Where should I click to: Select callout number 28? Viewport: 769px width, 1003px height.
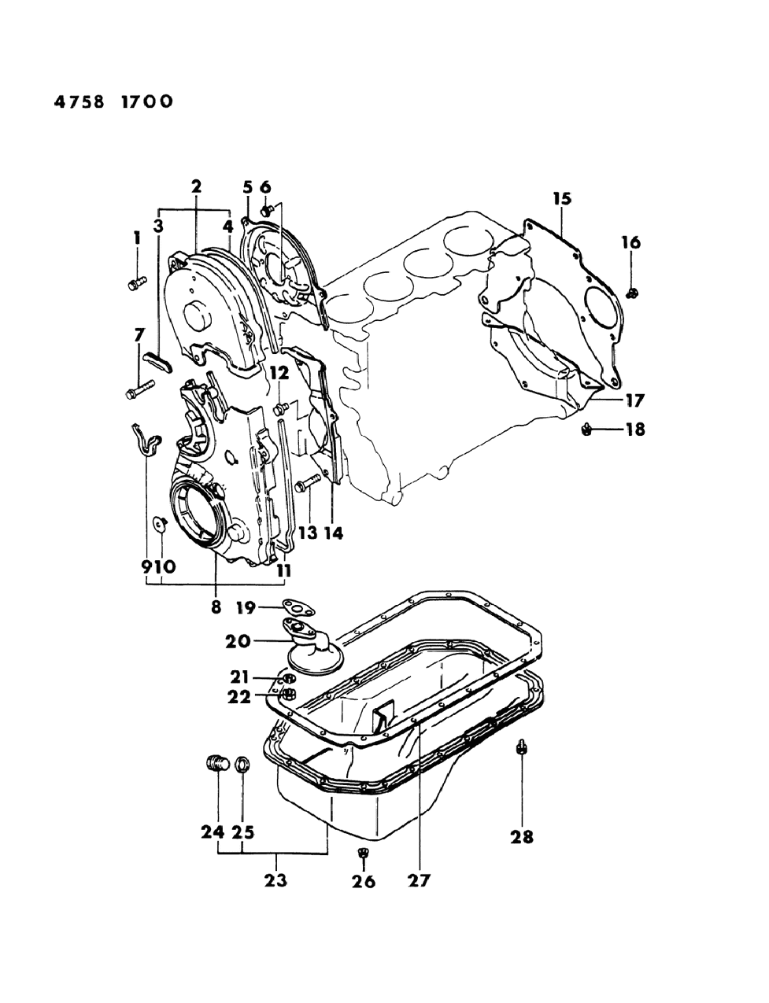(522, 837)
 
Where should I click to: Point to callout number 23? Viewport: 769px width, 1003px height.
(275, 880)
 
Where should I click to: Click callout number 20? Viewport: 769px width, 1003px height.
(237, 641)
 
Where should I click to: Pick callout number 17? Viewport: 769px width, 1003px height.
(634, 400)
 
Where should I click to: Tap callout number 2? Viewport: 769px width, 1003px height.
(195, 186)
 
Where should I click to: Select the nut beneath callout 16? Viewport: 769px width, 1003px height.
(631, 293)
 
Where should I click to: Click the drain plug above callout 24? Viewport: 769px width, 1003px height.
(216, 762)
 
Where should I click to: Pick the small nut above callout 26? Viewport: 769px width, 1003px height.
(364, 853)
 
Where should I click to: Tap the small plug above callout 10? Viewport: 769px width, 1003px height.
(159, 523)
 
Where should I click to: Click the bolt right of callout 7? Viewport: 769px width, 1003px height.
(139, 389)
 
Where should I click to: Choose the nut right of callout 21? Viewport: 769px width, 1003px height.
(288, 679)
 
